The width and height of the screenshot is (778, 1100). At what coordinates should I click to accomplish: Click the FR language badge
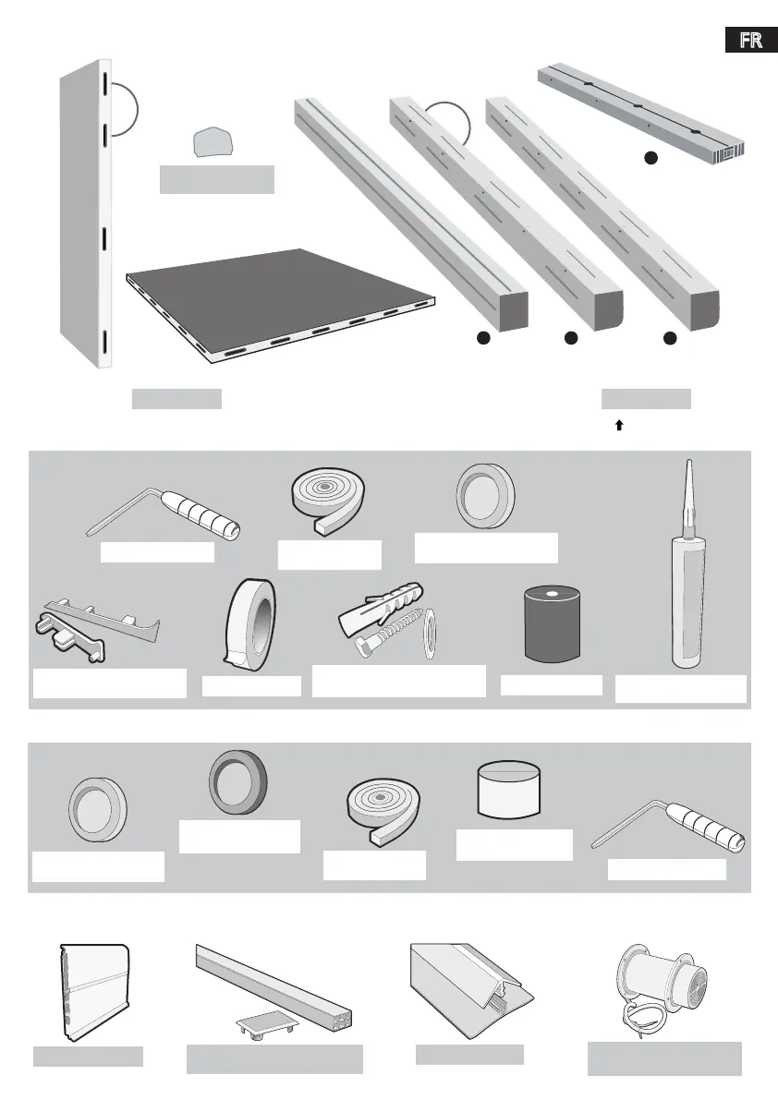click(751, 42)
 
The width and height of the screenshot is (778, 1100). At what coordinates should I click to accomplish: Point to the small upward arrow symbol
click(619, 426)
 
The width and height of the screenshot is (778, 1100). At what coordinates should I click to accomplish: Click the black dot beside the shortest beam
click(650, 158)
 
